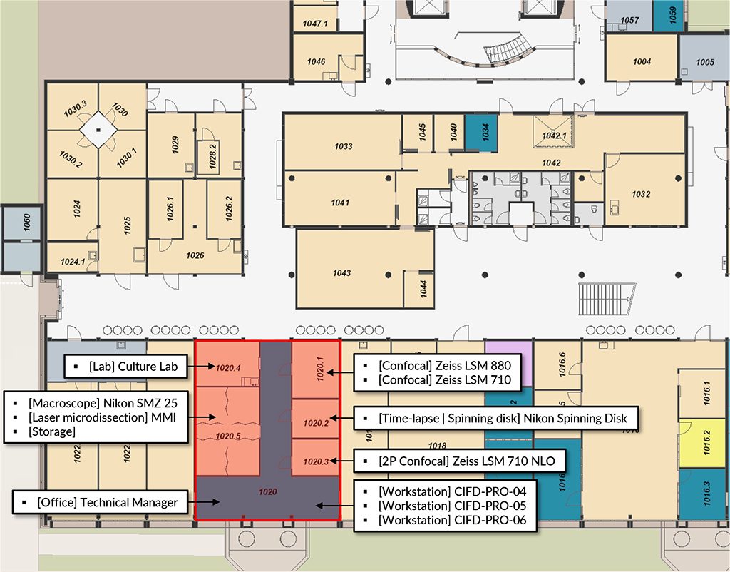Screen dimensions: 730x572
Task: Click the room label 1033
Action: click(343, 146)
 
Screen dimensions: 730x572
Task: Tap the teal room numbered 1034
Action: click(481, 133)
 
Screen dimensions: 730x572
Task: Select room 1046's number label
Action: click(316, 61)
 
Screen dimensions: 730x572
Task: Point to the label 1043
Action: click(341, 273)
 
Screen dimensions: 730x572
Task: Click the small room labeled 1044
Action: click(419, 290)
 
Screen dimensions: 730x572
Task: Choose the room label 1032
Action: click(641, 194)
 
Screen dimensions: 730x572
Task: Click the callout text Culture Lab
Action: click(133, 367)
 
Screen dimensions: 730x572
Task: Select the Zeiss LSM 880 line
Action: click(445, 366)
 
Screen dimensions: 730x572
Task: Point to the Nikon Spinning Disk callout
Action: click(503, 418)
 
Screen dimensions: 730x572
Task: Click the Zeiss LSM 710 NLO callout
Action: click(466, 461)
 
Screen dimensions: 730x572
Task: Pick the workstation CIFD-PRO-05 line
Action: click(452, 506)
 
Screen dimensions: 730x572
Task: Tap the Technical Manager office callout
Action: click(108, 502)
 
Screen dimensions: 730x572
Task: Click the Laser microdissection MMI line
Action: click(102, 417)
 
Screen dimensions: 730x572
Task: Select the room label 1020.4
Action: click(228, 368)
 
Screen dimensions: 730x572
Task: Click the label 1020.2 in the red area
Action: click(316, 423)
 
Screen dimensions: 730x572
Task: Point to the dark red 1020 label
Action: click(268, 491)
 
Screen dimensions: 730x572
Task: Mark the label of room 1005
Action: click(705, 62)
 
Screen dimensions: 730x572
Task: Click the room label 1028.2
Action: click(212, 156)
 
